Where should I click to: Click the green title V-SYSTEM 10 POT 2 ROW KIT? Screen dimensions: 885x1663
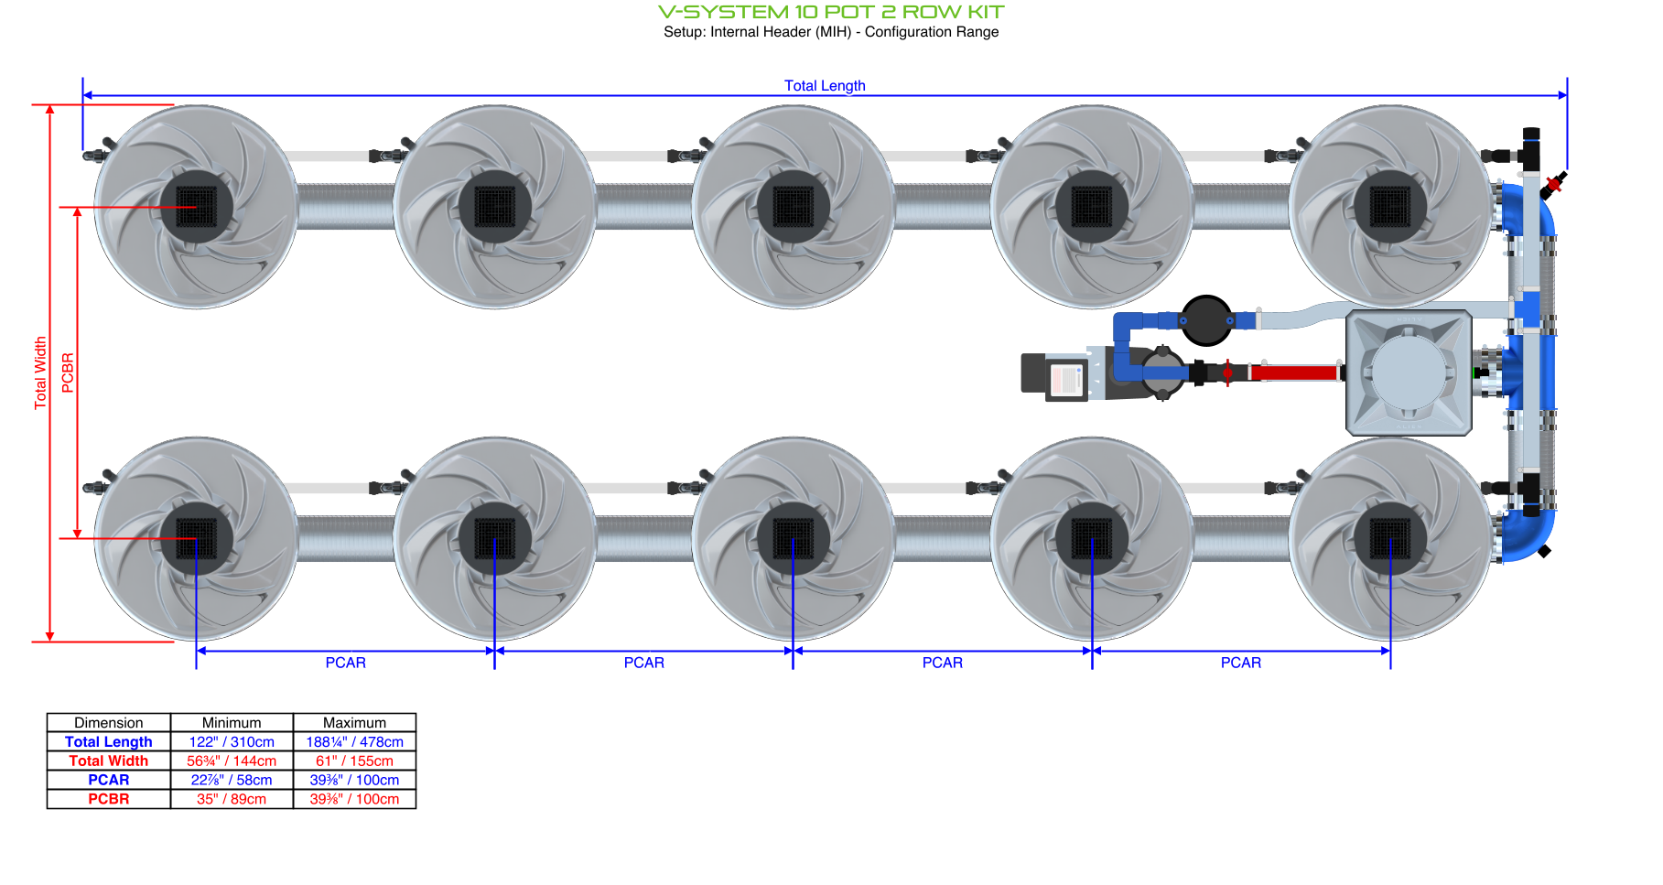[831, 12]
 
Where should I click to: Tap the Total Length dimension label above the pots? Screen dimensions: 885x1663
[825, 85]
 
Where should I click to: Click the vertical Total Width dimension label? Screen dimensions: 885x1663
[40, 372]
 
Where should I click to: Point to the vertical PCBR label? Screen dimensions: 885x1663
[68, 372]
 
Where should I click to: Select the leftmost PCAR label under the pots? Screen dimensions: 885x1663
[345, 663]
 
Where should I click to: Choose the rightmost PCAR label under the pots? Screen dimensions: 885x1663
[1240, 663]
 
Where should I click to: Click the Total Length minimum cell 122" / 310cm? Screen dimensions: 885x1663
[232, 742]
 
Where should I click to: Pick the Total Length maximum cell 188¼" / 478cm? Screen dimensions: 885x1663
[354, 742]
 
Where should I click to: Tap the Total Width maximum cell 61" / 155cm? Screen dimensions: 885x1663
[354, 761]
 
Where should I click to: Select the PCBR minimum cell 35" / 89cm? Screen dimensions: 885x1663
[232, 799]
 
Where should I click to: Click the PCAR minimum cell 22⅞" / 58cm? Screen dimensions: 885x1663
[232, 780]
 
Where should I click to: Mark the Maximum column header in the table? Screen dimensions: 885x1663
[354, 723]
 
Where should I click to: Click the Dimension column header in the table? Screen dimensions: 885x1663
[108, 723]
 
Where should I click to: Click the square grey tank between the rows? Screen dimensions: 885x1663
[1409, 372]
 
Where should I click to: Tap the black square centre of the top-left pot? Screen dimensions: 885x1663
[196, 207]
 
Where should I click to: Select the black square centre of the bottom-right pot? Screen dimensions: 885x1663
[1390, 538]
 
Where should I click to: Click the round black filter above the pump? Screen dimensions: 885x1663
[1206, 320]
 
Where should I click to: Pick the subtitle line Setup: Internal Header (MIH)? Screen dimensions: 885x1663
[831, 32]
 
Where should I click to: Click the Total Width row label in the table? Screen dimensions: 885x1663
[108, 761]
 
